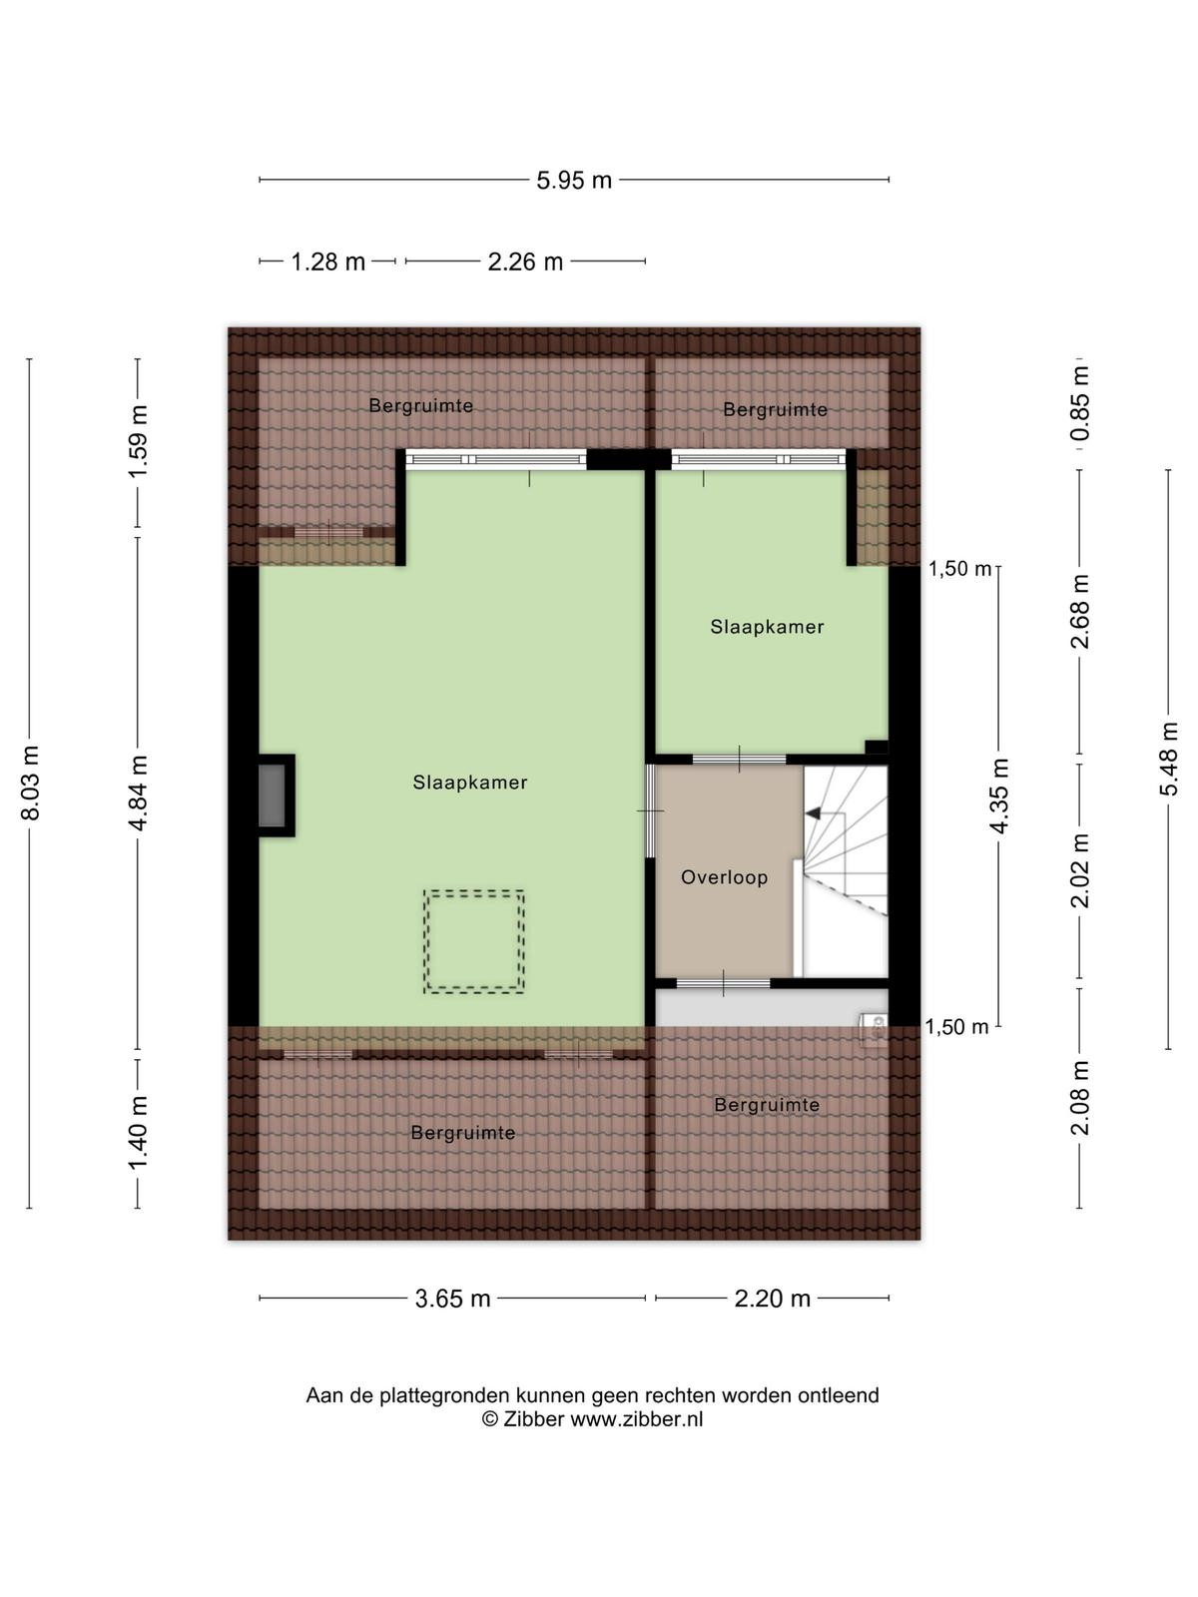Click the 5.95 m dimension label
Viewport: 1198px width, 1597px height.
pos(574,180)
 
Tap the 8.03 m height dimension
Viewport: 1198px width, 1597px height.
pos(31,783)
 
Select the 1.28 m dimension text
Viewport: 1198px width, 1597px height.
pos(328,262)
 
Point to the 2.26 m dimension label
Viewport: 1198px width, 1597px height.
pos(525,262)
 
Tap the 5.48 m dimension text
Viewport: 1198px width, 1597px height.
pos(1168,759)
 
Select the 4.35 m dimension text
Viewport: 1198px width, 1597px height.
pos(998,796)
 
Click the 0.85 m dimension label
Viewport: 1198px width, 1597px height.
pos(1079,402)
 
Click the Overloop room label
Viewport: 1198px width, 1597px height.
pos(724,877)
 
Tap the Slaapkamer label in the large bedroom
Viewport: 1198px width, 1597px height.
pos(470,783)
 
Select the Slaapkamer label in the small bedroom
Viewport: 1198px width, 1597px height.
pos(767,627)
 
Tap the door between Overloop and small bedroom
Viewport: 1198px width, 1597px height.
pos(739,759)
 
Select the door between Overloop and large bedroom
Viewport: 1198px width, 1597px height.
pos(650,810)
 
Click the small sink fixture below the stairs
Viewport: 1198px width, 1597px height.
pos(874,1028)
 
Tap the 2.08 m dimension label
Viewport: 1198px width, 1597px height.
pos(1079,1098)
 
